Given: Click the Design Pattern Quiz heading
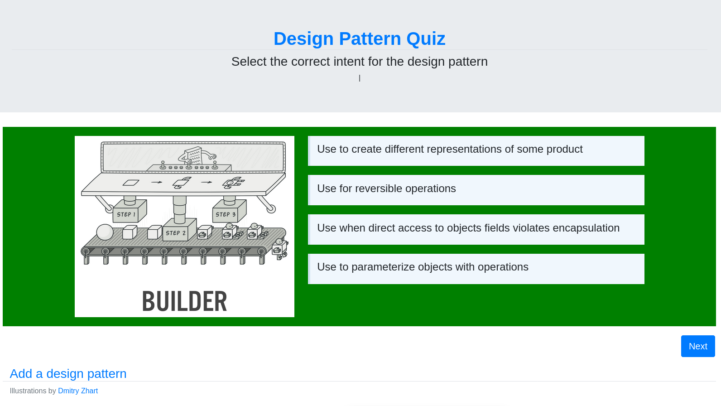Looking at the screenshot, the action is pos(359,39).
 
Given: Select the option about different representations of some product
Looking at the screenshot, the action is pos(476,151).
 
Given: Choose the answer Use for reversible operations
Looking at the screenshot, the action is pos(476,190).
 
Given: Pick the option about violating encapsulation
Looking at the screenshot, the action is pos(476,229).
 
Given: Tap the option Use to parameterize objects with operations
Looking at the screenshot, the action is pos(476,269).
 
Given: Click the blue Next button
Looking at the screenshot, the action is pos(698,346).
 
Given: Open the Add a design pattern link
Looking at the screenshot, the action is pos(68,373).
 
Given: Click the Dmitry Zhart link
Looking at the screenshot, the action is pos(78,391).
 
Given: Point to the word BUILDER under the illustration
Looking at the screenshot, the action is pos(184,301).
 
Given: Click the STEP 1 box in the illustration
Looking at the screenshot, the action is pos(130,211).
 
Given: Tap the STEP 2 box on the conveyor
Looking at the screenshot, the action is pos(179,230).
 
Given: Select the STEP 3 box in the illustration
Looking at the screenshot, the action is pos(229,211).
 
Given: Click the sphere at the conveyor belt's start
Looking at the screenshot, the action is pos(105,232).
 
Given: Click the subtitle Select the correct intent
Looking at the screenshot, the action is pos(359,62).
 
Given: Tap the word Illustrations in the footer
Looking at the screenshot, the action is pos(28,391).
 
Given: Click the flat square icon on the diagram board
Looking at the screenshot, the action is pos(131,183).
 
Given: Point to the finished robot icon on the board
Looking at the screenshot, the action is pos(234,183).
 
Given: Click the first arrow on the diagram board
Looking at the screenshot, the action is pos(157,182).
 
